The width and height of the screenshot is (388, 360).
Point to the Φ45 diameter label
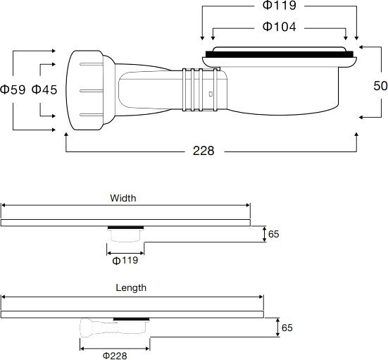(44, 89)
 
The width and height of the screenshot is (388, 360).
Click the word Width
(123, 198)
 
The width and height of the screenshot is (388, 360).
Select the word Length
(131, 287)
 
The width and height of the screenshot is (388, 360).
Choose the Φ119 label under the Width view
(125, 260)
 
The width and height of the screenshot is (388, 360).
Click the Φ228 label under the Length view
(115, 355)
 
